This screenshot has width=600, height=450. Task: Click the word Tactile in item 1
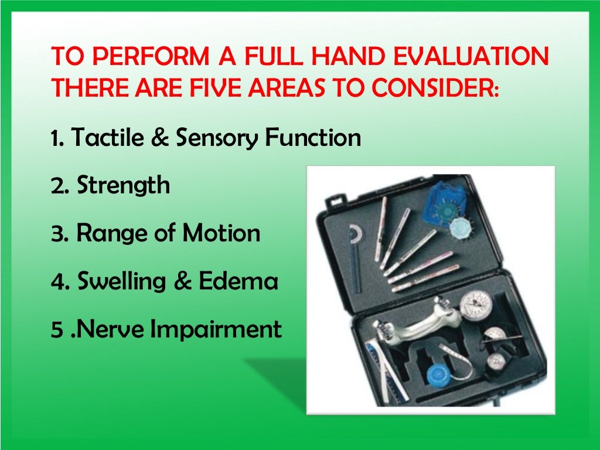tap(104, 138)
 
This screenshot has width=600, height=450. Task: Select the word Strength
tap(124, 186)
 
